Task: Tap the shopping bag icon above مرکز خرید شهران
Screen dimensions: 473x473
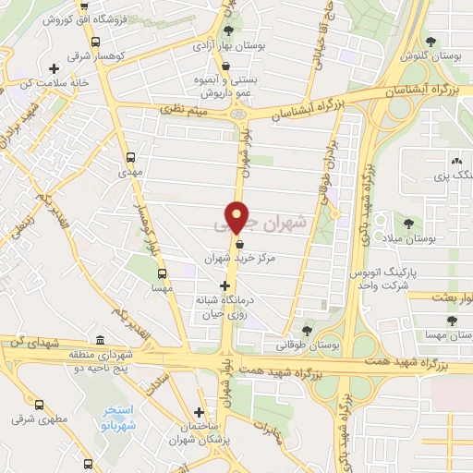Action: coord(240,245)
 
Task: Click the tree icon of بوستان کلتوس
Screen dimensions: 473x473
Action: coord(431,41)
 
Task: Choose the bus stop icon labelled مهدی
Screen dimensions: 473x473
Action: coord(129,157)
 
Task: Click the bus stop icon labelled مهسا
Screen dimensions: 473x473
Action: coord(163,273)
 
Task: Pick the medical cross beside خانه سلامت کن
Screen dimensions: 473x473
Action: coord(55,68)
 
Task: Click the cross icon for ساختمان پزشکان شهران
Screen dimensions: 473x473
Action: coord(199,412)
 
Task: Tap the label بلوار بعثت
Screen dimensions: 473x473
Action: coord(447,297)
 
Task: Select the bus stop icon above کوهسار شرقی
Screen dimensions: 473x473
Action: coord(95,41)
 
